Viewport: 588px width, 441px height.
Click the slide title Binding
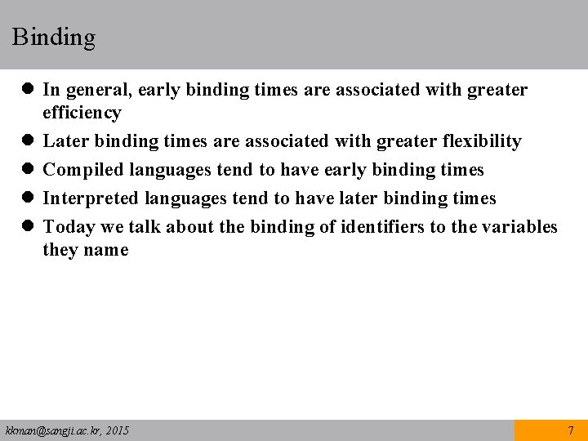click(x=54, y=38)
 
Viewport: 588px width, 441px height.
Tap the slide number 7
click(x=571, y=430)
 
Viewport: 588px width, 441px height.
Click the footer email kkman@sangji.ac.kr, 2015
click(x=67, y=430)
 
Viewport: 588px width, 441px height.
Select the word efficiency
click(x=82, y=113)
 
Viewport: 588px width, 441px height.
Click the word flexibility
click(x=481, y=141)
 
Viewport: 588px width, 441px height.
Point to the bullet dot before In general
click(x=28, y=90)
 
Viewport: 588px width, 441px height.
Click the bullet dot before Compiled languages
click(x=28, y=170)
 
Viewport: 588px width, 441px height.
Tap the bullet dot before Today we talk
click(x=28, y=227)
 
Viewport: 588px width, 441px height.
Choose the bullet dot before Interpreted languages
click(x=28, y=198)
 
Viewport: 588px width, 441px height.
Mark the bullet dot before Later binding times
click(x=28, y=141)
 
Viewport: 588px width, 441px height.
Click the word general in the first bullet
click(x=92, y=90)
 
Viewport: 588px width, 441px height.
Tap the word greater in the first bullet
click(x=497, y=90)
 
